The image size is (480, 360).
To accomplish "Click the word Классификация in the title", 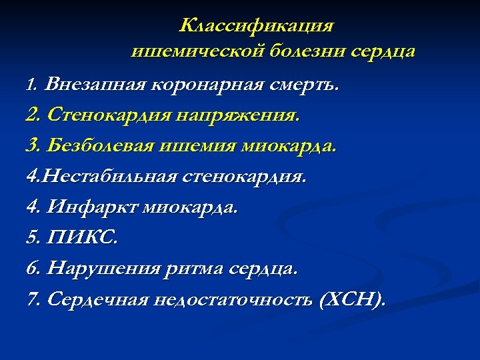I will coord(257,26).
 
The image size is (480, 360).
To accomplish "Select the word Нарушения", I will coord(103,269).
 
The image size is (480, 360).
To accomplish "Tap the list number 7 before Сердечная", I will coord(31,299).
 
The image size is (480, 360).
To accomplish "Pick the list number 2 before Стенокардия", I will coord(31,115).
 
